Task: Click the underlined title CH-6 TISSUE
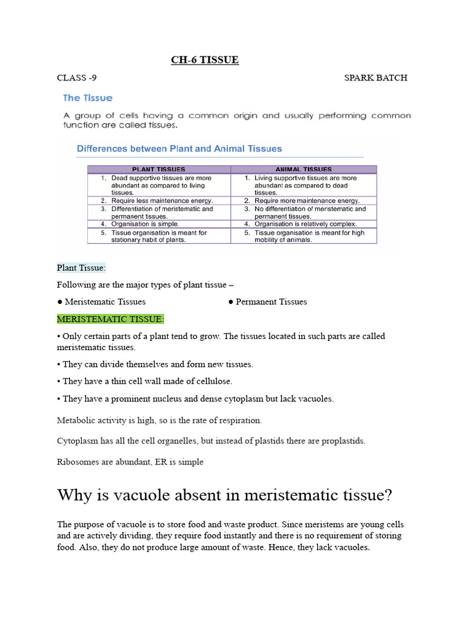click(x=204, y=60)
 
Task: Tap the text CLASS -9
click(x=77, y=78)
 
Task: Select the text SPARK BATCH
click(x=376, y=78)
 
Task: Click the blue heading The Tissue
click(x=88, y=98)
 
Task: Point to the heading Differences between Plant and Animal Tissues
click(x=179, y=149)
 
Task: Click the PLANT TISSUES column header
click(x=159, y=169)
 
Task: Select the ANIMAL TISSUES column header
click(x=304, y=169)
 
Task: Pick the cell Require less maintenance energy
click(x=162, y=201)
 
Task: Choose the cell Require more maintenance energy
click(x=307, y=201)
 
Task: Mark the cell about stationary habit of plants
click(x=159, y=236)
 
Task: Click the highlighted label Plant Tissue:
click(x=81, y=268)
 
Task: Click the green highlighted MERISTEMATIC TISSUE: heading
click(x=111, y=319)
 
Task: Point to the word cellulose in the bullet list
click(x=211, y=381)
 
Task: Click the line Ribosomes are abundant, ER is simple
click(x=130, y=462)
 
